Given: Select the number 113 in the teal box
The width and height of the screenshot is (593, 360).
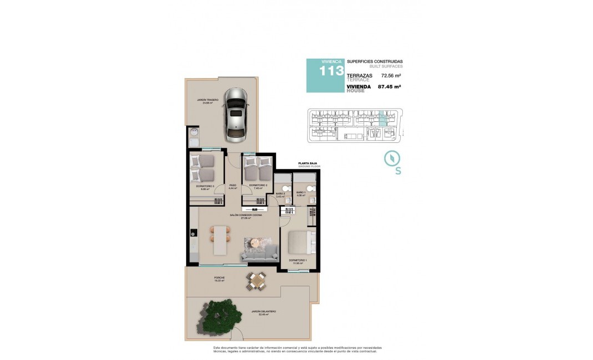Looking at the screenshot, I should click(x=331, y=71).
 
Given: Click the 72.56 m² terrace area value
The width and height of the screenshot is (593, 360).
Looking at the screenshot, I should click(x=391, y=75).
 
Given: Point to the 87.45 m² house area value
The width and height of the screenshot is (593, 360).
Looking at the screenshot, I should click(x=389, y=86).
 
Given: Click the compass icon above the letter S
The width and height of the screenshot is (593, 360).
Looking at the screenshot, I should click(x=392, y=158).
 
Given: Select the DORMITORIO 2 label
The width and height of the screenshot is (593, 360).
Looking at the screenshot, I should click(x=258, y=185).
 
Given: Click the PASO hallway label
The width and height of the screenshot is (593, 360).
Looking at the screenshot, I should click(x=233, y=185).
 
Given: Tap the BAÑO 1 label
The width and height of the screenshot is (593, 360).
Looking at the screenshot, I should click(x=300, y=192).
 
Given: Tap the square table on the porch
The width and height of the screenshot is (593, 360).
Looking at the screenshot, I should click(x=257, y=281).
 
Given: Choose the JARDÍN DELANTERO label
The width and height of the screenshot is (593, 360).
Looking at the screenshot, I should click(x=263, y=312).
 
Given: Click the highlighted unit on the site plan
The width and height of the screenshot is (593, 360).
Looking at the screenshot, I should click(x=382, y=119).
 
